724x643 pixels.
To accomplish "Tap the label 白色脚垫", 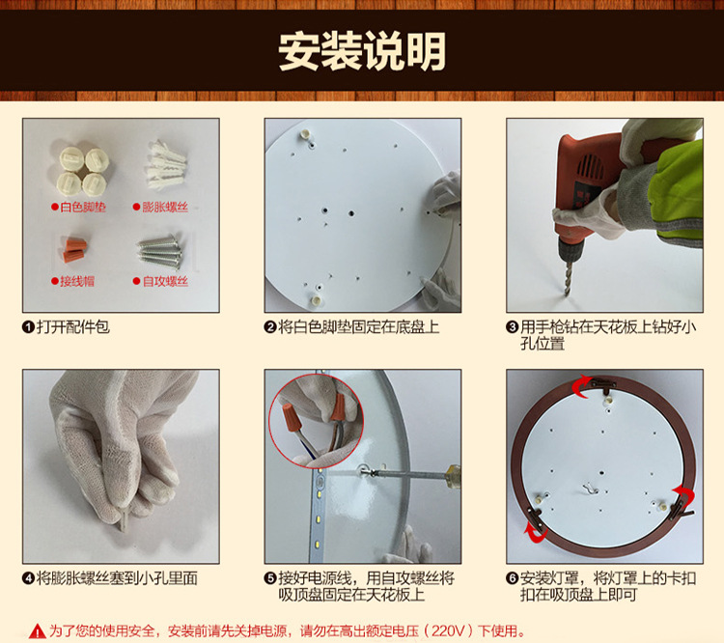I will point(84,207).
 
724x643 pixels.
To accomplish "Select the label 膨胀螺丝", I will point(166,207).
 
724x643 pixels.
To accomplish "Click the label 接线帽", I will point(73,281).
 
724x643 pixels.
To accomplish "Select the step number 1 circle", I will point(29,327).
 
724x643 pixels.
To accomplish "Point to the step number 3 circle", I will point(513,327).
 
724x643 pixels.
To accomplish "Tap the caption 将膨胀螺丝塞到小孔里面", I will point(117,578).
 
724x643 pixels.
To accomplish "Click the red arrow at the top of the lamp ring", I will point(583,385).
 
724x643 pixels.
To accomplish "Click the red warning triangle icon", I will point(37,630).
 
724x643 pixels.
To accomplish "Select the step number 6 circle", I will point(513,578).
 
